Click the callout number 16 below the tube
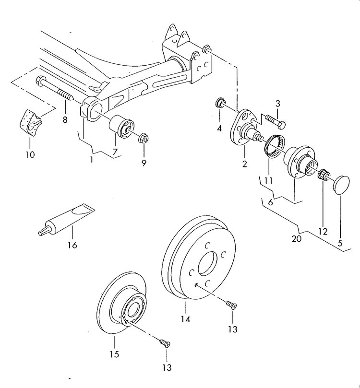click(72, 245)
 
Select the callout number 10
click(30, 154)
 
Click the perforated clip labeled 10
click(30, 121)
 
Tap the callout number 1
click(91, 159)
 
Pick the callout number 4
click(219, 128)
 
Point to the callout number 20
click(297, 238)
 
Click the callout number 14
click(186, 318)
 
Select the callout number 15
click(114, 354)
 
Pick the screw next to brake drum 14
click(232, 304)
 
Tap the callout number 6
click(270, 202)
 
